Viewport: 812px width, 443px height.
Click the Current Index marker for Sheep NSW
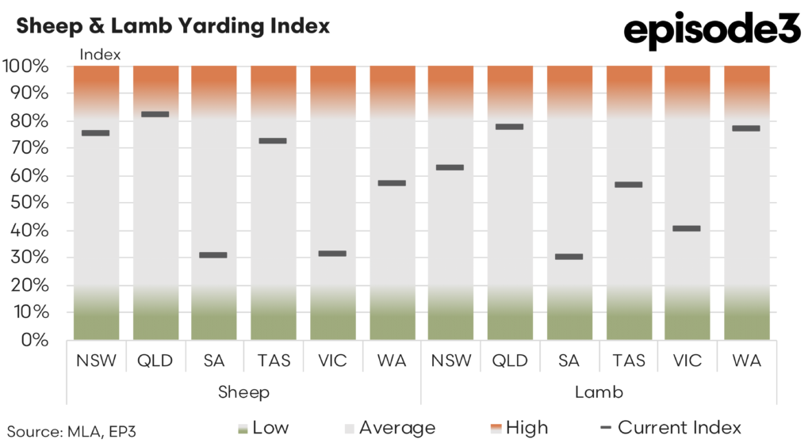pyautogui.click(x=96, y=133)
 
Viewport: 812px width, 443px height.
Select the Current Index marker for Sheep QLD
pyautogui.click(x=155, y=114)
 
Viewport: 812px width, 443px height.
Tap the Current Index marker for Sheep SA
pyautogui.click(x=213, y=255)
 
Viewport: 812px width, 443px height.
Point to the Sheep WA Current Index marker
pyautogui.click(x=392, y=183)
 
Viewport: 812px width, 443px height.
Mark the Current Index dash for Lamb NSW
pyautogui.click(x=450, y=167)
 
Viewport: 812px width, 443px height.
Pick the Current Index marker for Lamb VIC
pyautogui.click(x=687, y=228)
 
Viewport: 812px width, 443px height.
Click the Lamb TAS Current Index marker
pyautogui.click(x=628, y=185)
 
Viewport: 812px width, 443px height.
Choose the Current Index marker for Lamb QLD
pyautogui.click(x=509, y=127)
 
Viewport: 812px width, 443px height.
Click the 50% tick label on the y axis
pyautogui.click(x=30, y=203)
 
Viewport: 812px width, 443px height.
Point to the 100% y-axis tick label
pyautogui.click(x=25, y=66)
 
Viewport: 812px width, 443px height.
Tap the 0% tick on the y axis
pyautogui.click(x=35, y=340)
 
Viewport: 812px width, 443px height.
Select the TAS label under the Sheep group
pyautogui.click(x=273, y=361)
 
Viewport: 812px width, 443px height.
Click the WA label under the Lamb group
pyautogui.click(x=746, y=361)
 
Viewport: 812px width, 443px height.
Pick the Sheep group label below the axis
pyautogui.click(x=243, y=392)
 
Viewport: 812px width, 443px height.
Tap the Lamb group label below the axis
pyautogui.click(x=599, y=392)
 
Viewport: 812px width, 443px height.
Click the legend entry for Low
pyautogui.click(x=266, y=428)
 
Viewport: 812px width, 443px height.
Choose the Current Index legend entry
pyautogui.click(x=671, y=428)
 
